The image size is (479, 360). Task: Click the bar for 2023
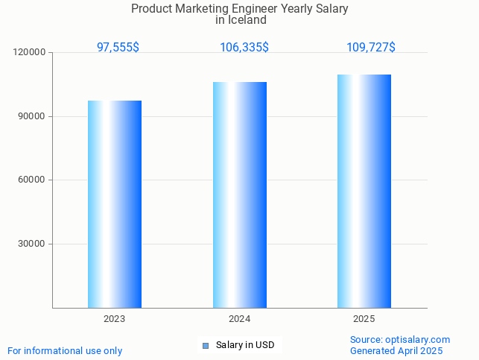pyautogui.click(x=115, y=204)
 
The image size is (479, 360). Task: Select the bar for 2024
pyautogui.click(x=240, y=195)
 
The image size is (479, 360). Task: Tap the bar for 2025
pyautogui.click(x=364, y=191)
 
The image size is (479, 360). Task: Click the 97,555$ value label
pyautogui.click(x=118, y=48)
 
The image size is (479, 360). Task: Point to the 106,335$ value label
pyautogui.click(x=244, y=48)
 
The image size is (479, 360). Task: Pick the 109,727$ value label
pyautogui.click(x=371, y=48)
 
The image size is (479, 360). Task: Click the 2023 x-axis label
pyautogui.click(x=114, y=319)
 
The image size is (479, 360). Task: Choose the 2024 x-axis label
pyautogui.click(x=239, y=319)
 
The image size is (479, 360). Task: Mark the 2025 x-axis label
pyautogui.click(x=364, y=319)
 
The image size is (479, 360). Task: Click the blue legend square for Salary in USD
pyautogui.click(x=206, y=345)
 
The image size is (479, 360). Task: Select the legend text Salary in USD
pyautogui.click(x=245, y=345)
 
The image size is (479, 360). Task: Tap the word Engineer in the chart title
pyautogui.click(x=262, y=9)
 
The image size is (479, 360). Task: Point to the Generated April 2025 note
pyautogui.click(x=396, y=351)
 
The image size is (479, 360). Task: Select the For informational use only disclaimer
pyautogui.click(x=65, y=351)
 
